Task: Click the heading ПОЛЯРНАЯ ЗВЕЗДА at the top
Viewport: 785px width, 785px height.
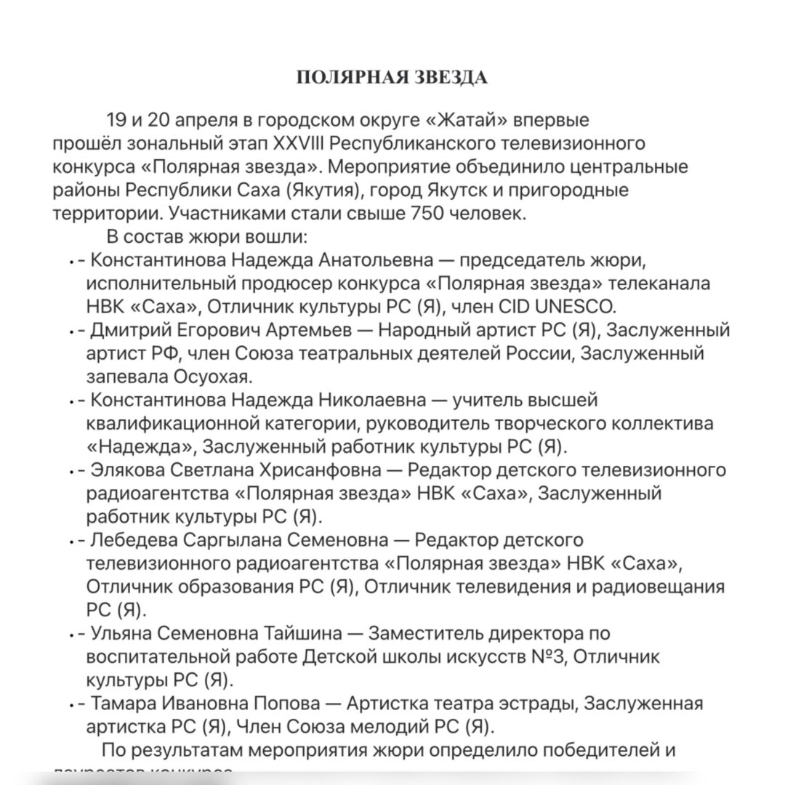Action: [392, 78]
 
